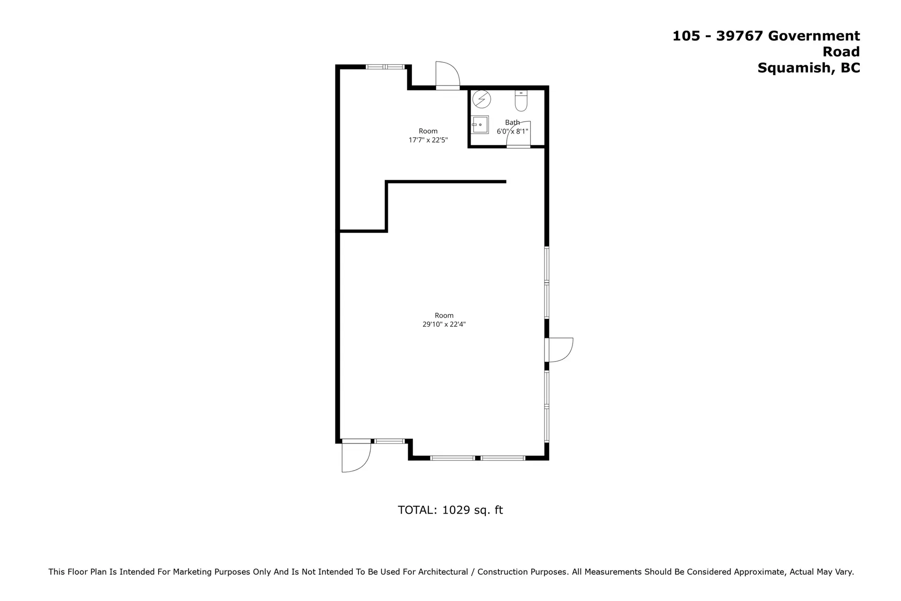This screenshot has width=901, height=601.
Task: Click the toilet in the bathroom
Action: pyautogui.click(x=521, y=100)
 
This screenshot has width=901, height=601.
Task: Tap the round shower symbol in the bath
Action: pyautogui.click(x=481, y=99)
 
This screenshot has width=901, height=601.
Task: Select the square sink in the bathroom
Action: pyautogui.click(x=480, y=125)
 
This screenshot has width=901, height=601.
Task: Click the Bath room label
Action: pyautogui.click(x=512, y=123)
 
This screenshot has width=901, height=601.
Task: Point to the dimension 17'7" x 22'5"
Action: pyautogui.click(x=428, y=140)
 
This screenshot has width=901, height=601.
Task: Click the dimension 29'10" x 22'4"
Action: pyautogui.click(x=444, y=324)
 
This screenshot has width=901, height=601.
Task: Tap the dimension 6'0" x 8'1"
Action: pyautogui.click(x=512, y=131)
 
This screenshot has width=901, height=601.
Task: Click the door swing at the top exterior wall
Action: pyautogui.click(x=447, y=74)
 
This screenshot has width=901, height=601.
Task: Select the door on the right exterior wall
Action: pyautogui.click(x=559, y=350)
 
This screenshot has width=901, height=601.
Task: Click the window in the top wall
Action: pyautogui.click(x=385, y=67)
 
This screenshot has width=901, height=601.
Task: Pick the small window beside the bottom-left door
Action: pyautogui.click(x=389, y=441)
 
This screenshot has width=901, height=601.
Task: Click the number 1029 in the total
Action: pyautogui.click(x=456, y=510)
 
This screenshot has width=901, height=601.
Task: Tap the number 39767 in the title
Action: pyautogui.click(x=739, y=36)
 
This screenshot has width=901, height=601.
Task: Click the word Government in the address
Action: pyautogui.click(x=814, y=36)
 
